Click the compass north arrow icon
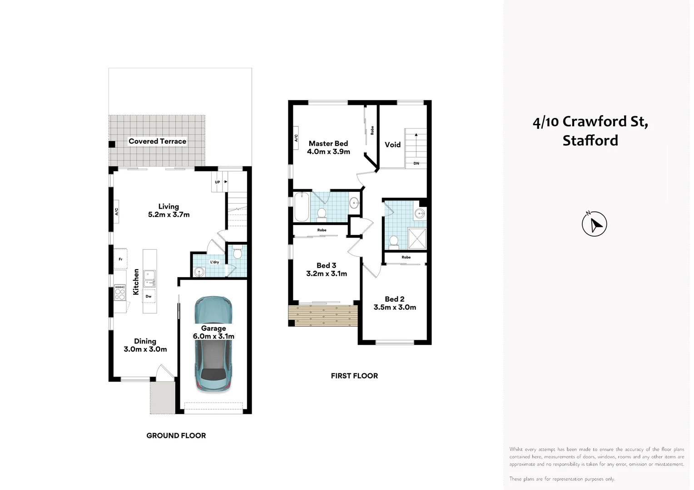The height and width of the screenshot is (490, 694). coord(594,224)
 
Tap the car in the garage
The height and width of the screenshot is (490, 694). coord(213,345)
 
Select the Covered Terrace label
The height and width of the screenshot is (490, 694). coord(157,141)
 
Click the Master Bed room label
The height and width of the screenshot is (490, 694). coord(328,143)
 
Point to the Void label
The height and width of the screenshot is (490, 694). coord(392,145)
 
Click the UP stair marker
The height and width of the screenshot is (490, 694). coord(218,182)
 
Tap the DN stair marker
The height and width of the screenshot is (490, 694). coord(416,163)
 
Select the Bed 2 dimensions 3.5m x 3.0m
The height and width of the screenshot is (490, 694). coord(395,307)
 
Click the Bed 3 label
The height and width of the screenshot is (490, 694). coord(326,265)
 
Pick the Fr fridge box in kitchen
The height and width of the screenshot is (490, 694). coord(120,259)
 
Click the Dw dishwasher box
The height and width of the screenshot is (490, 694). coord(149,296)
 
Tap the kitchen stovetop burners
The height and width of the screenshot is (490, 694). coord(119,292)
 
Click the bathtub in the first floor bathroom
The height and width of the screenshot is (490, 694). coord(302,207)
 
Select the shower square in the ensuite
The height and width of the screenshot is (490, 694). coord(417,239)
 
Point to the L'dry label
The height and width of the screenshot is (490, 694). coord(214,262)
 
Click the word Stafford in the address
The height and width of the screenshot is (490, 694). coord(590,141)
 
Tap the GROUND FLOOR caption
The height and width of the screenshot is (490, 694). coord(176,436)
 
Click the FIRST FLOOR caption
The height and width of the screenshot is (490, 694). coord(354,376)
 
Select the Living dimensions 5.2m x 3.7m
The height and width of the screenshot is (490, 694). coord(169,215)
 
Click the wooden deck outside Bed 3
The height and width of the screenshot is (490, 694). coord(323,315)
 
